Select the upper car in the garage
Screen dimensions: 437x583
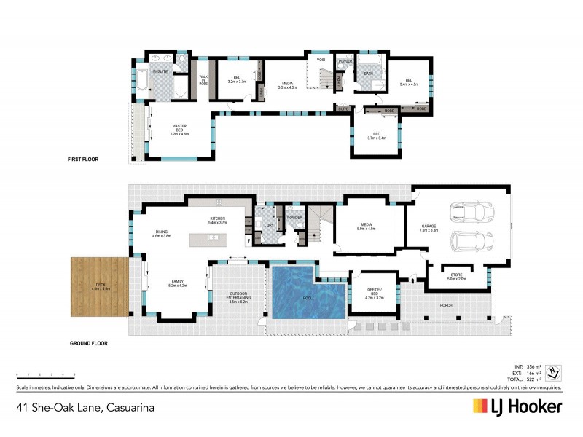(472, 212)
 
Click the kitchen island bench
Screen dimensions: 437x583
(213, 238)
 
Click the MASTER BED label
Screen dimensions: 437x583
(180, 130)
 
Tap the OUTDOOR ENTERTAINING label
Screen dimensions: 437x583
(238, 297)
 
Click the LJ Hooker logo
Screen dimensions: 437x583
(516, 407)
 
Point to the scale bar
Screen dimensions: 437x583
(45, 375)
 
